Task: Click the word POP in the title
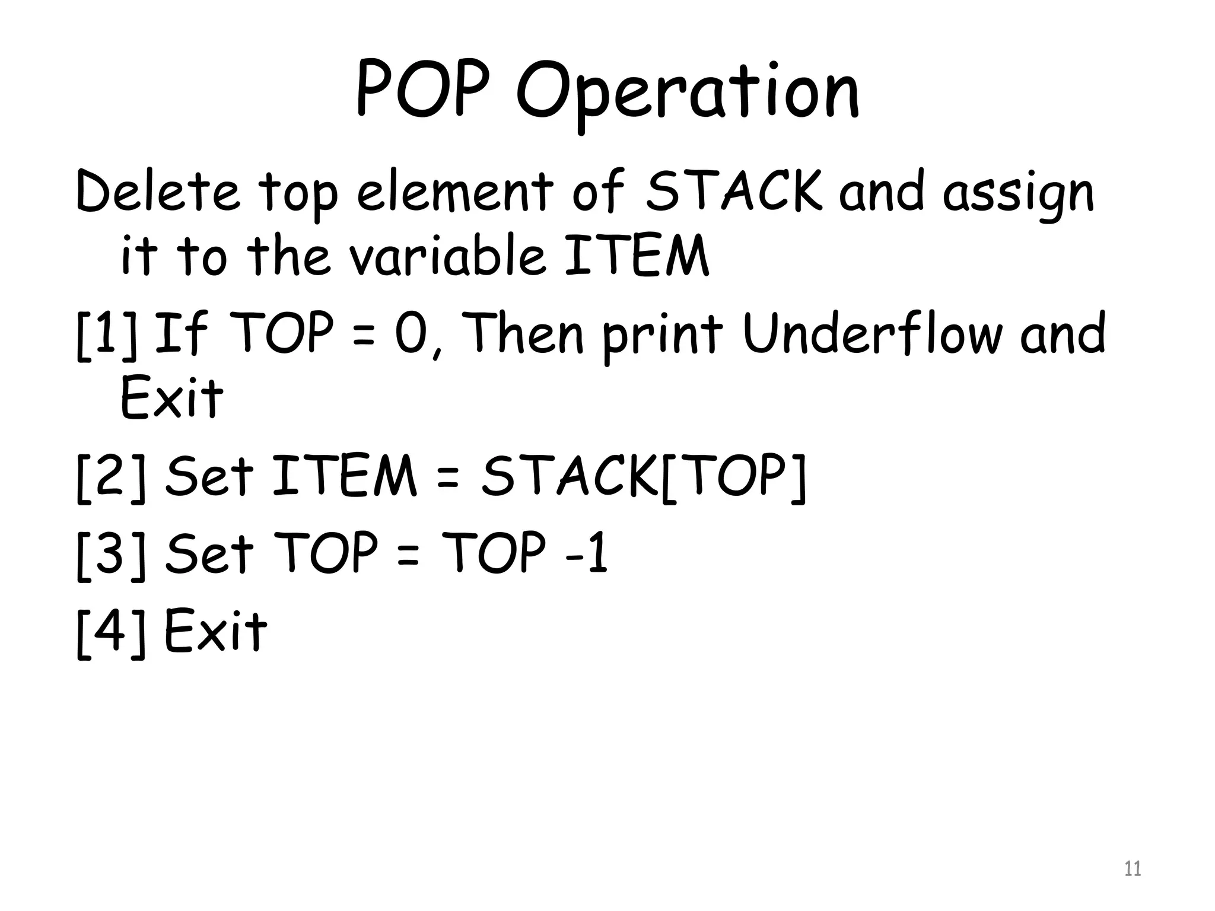[x=424, y=90]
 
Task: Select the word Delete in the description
[x=158, y=191]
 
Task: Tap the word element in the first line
[x=454, y=191]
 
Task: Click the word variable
[x=446, y=256]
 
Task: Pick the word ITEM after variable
[x=636, y=256]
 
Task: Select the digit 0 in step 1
[x=412, y=333]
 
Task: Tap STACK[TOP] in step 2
[x=643, y=476]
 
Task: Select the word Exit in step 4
[x=215, y=630]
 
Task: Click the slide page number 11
[x=1132, y=869]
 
